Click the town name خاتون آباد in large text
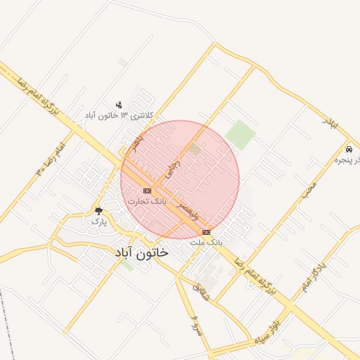(141, 253)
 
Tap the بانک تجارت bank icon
(147, 191)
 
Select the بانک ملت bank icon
(206, 232)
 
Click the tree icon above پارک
(98, 210)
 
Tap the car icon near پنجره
(349, 150)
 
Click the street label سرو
(196, 326)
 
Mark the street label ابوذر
(330, 123)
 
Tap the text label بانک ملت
(206, 241)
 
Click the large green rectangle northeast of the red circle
(240, 134)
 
